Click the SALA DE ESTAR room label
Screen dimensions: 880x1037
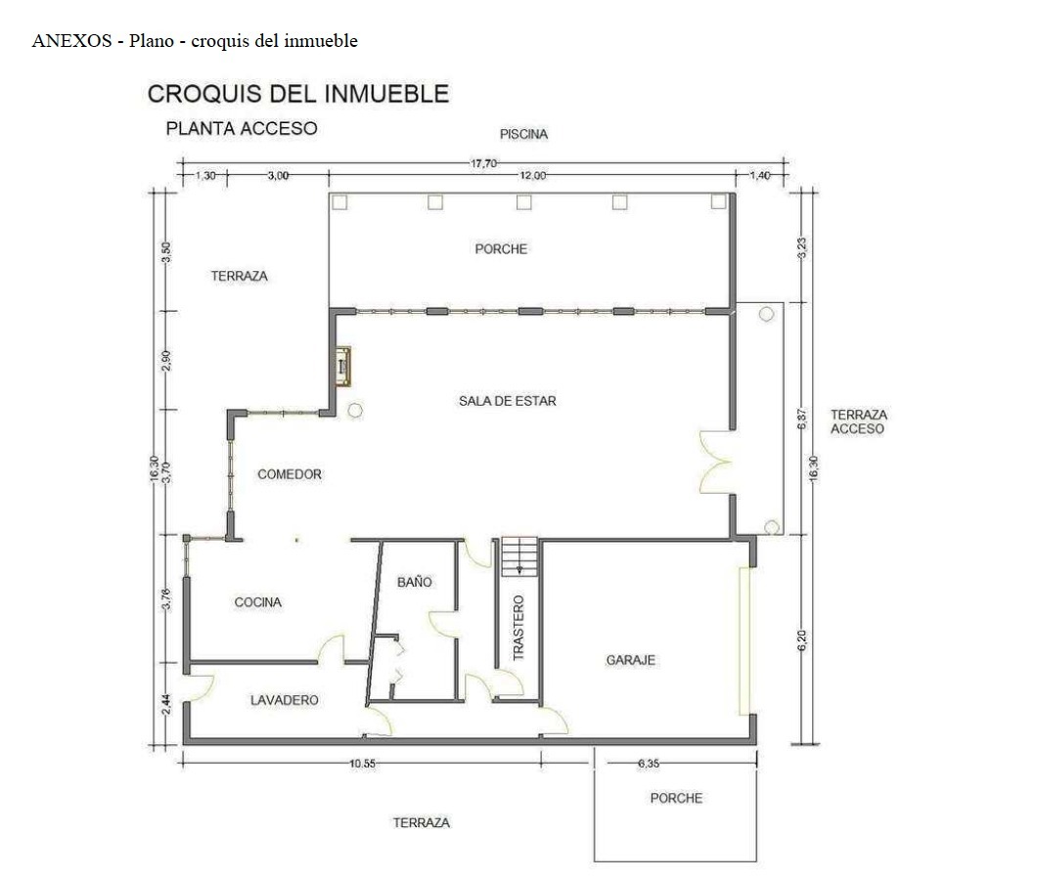point(507,401)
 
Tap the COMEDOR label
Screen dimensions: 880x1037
point(290,474)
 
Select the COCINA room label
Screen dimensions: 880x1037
point(258,602)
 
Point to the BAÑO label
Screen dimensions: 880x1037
point(414,582)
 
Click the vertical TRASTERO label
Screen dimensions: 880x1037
point(518,628)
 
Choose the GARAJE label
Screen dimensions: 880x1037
point(631,660)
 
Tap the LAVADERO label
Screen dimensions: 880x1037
point(284,700)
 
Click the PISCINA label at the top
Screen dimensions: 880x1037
point(523,134)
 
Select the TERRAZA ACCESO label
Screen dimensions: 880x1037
point(858,421)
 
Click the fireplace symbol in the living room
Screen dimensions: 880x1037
point(342,367)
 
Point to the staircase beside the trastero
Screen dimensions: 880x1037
point(519,555)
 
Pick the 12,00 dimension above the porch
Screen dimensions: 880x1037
point(532,175)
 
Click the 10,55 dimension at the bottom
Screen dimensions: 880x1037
point(362,764)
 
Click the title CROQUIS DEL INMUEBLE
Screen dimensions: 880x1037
point(297,94)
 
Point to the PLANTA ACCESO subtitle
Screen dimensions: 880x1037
point(242,128)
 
